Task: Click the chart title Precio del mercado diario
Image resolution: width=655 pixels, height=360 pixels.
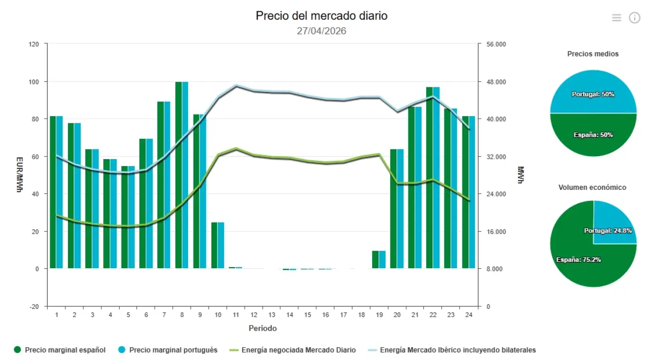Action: (x=322, y=16)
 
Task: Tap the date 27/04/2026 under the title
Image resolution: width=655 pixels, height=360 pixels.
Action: (x=322, y=31)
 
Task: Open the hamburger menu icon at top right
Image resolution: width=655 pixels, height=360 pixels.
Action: (x=616, y=18)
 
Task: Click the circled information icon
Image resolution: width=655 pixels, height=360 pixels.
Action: (x=635, y=18)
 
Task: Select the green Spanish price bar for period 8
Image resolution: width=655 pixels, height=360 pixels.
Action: (x=179, y=174)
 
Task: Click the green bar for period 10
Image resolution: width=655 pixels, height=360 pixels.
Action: (x=214, y=245)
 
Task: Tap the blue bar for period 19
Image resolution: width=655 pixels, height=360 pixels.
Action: (x=382, y=259)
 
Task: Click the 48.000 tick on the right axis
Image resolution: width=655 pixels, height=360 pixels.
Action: (x=497, y=81)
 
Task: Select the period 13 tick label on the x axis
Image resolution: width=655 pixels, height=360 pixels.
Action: (x=272, y=315)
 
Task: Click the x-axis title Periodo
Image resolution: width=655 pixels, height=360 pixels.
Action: (x=262, y=328)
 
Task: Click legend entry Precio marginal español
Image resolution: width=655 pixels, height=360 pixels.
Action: (x=65, y=350)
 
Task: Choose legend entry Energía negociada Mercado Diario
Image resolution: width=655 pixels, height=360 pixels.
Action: (x=298, y=350)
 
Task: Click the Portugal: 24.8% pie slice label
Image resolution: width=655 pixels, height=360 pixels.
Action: (x=608, y=231)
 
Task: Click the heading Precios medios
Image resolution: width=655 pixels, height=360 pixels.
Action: (x=593, y=54)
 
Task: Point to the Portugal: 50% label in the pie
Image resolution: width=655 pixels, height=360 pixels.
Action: (x=593, y=94)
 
